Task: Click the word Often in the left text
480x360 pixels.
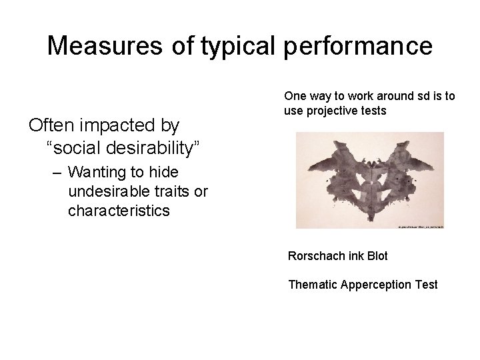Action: [x=51, y=125]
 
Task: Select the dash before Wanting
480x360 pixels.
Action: [x=56, y=172]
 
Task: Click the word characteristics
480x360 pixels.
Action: [x=118, y=211]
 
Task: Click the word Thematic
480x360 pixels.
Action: [x=312, y=285]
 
